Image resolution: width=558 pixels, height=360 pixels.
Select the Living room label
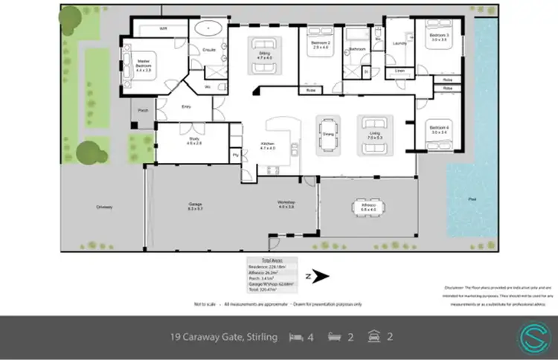pos(373,136)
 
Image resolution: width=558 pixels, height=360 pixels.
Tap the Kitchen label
pos(268,147)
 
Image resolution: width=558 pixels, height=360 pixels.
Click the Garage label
pos(196,208)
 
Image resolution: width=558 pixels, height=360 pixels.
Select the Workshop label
pos(287,204)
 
